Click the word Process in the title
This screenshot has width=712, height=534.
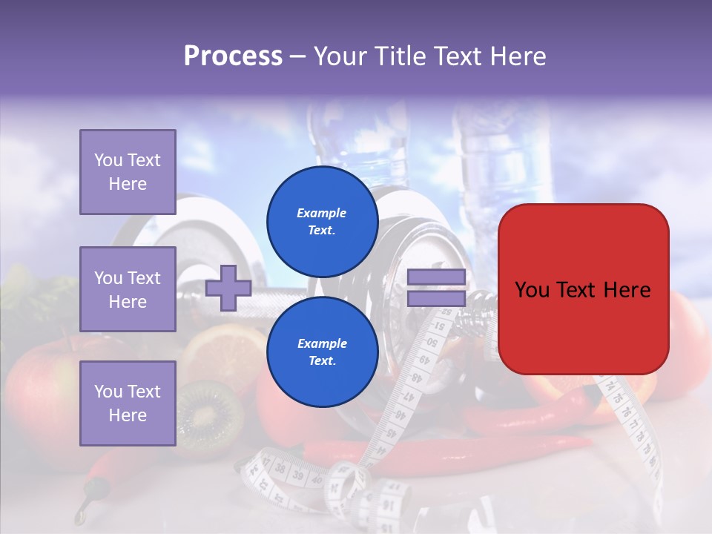(x=233, y=56)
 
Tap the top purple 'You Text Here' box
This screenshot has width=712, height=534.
(x=128, y=172)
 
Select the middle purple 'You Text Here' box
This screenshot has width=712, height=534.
(x=128, y=289)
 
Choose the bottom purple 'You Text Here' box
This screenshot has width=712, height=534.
(x=128, y=403)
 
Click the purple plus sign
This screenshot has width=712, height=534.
(x=228, y=288)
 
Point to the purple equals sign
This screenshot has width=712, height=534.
(x=436, y=288)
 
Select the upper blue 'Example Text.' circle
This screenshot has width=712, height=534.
(x=322, y=222)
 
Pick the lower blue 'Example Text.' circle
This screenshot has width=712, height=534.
(x=322, y=352)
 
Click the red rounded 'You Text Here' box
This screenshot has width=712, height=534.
(x=583, y=289)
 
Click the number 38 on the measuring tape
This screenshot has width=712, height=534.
(x=280, y=469)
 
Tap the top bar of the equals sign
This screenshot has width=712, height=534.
(x=436, y=277)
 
